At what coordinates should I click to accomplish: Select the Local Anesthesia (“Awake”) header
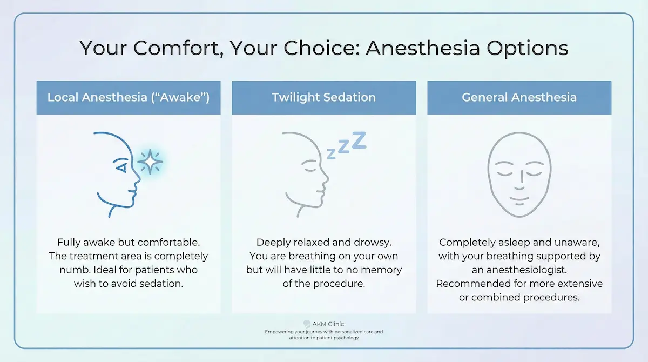click(x=129, y=98)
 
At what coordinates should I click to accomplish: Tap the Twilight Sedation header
click(x=323, y=98)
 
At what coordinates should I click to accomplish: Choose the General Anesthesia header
click(x=519, y=98)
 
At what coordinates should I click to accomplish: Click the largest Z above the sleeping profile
click(x=359, y=140)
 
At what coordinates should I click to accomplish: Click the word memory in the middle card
click(x=382, y=270)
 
